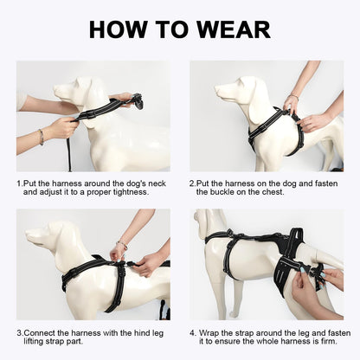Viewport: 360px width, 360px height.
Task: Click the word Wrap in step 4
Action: click(x=213, y=332)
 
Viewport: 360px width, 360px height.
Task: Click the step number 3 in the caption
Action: click(x=19, y=332)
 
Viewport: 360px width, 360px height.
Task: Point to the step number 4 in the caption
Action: click(x=193, y=332)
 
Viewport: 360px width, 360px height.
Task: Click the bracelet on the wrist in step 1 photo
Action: click(x=40, y=136)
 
